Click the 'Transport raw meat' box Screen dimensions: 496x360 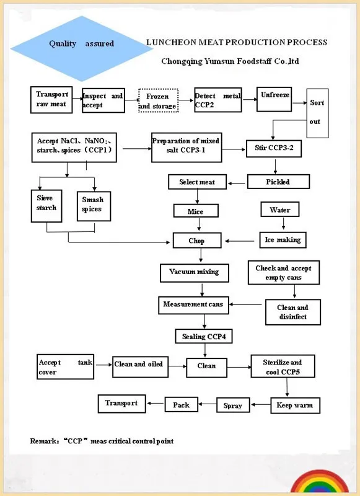pyautogui.click(x=51, y=99)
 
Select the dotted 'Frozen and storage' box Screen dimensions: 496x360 pyautogui.click(x=158, y=101)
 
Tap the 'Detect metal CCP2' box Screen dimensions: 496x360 pyautogui.click(x=218, y=100)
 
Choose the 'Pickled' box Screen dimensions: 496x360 pyautogui.click(x=278, y=182)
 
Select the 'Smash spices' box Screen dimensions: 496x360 pyautogui.click(x=93, y=205)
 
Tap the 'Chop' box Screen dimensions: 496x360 pyautogui.click(x=196, y=241)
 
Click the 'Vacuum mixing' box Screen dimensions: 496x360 pyautogui.click(x=194, y=272)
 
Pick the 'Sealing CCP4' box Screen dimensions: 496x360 pyautogui.click(x=204, y=336)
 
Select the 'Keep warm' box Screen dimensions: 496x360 pyautogui.click(x=295, y=406)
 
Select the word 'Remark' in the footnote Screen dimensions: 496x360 pyautogui.click(x=42, y=441)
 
